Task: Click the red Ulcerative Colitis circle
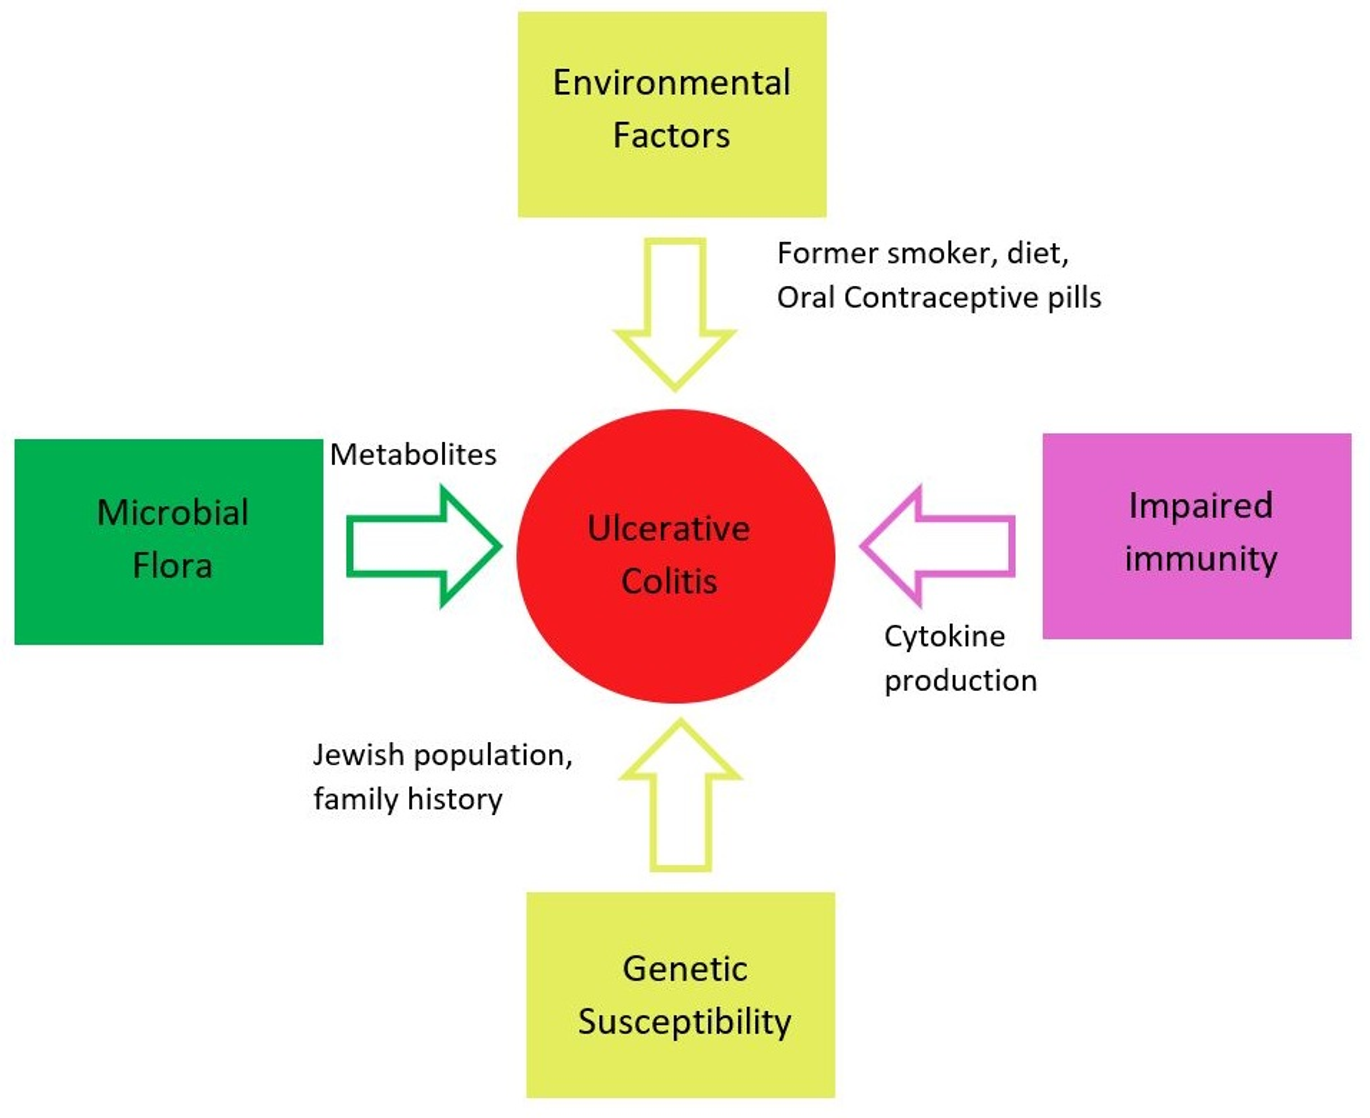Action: pyautogui.click(x=675, y=489)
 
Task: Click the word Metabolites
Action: pyautogui.click(x=413, y=455)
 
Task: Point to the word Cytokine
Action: pyautogui.click(x=944, y=637)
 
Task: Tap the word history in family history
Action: pyautogui.click(x=455, y=799)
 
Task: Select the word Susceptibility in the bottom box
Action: pyautogui.click(x=684, y=1022)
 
